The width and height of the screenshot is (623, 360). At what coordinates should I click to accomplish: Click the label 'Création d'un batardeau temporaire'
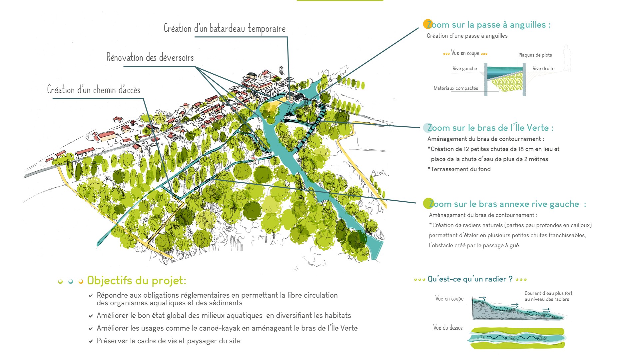pos(225,29)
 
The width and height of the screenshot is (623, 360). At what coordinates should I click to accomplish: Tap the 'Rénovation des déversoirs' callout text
pos(150,57)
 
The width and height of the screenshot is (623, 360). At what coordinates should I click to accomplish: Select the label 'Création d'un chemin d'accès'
pos(94,90)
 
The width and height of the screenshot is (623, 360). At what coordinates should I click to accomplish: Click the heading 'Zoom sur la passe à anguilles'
pos(488,25)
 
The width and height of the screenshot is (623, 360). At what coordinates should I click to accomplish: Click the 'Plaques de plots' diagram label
pos(535,55)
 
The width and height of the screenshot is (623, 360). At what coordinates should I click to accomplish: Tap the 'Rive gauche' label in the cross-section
pos(464,69)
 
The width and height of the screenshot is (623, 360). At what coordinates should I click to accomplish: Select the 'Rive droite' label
pos(543,69)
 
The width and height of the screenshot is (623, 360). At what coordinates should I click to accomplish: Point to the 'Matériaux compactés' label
pos(456,88)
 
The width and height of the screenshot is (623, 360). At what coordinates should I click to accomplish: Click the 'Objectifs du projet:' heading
pos(137,281)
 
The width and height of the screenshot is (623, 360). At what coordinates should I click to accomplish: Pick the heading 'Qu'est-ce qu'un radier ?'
pos(470,279)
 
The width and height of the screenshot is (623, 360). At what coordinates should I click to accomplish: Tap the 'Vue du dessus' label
pos(448,328)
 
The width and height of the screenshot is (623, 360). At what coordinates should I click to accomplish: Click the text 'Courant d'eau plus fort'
pos(548,293)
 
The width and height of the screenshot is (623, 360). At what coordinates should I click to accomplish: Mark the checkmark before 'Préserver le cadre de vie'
pos(91,341)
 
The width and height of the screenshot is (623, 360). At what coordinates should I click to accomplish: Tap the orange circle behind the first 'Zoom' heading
pos(428,24)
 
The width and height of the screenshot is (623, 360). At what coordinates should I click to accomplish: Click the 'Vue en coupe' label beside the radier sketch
pos(449,299)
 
